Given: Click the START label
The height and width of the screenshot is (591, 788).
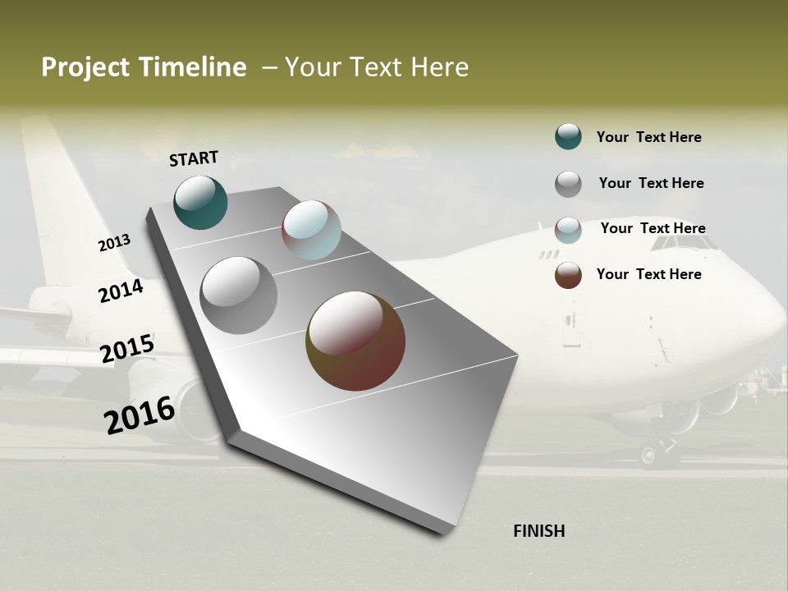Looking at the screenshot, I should point(194,158).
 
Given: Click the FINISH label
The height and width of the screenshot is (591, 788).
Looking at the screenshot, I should point(538,531).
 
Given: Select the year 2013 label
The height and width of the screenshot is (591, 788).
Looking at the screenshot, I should point(114,243).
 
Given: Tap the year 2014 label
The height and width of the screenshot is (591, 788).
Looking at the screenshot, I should point(121,291).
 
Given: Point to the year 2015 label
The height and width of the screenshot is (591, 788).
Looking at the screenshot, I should point(127,349).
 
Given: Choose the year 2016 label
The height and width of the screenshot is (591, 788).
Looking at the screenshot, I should point(140,415).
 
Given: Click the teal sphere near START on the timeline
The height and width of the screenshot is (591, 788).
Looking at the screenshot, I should point(200,202).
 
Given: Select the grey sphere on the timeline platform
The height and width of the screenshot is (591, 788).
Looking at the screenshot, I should point(239,295).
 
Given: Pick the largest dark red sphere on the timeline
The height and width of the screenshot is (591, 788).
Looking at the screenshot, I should point(355,341).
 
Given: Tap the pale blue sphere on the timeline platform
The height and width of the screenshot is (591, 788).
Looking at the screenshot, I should point(311,230).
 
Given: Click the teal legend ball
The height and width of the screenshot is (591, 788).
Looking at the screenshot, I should point(568,136).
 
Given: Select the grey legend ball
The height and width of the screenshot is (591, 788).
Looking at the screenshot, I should point(568,184).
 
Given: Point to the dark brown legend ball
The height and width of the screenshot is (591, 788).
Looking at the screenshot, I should point(568,275).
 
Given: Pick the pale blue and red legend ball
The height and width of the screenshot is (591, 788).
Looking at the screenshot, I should point(568,230).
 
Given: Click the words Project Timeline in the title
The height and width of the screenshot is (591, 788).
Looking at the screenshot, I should point(144,67).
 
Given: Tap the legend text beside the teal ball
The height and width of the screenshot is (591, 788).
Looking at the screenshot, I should point(648,137).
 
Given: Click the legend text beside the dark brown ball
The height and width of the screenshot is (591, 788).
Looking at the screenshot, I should point(648,274).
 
